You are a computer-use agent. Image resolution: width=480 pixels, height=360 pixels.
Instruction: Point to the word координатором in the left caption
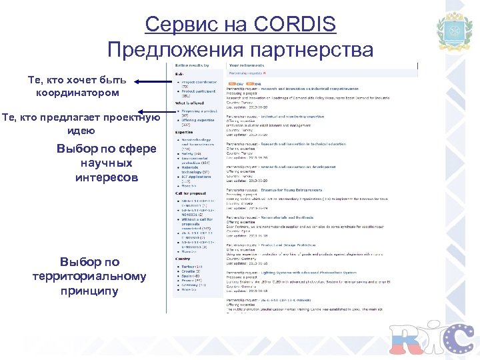coord(77,93)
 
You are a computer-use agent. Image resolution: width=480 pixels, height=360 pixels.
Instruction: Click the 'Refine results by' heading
coord(192,65)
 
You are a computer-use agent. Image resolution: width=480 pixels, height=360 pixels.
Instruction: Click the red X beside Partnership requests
coord(265,73)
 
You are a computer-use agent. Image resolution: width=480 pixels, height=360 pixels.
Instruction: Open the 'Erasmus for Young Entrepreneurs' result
coord(293,191)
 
